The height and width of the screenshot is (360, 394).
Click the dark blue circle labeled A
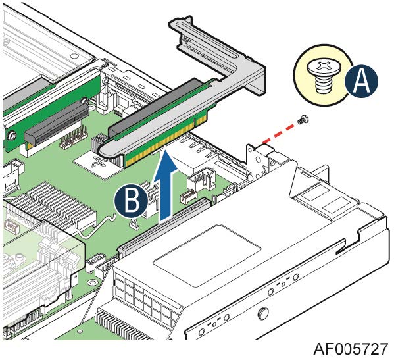[361, 81]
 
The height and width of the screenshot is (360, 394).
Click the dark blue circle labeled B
[131, 201]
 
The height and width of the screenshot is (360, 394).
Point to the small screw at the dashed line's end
[303, 119]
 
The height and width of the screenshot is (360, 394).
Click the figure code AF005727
[351, 349]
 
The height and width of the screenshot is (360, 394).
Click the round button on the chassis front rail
[263, 313]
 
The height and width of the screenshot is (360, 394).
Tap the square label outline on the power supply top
[207, 255]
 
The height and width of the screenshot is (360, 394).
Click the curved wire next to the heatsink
[95, 228]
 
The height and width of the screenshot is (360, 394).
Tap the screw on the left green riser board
[12, 136]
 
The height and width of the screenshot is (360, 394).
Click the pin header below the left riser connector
[74, 138]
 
